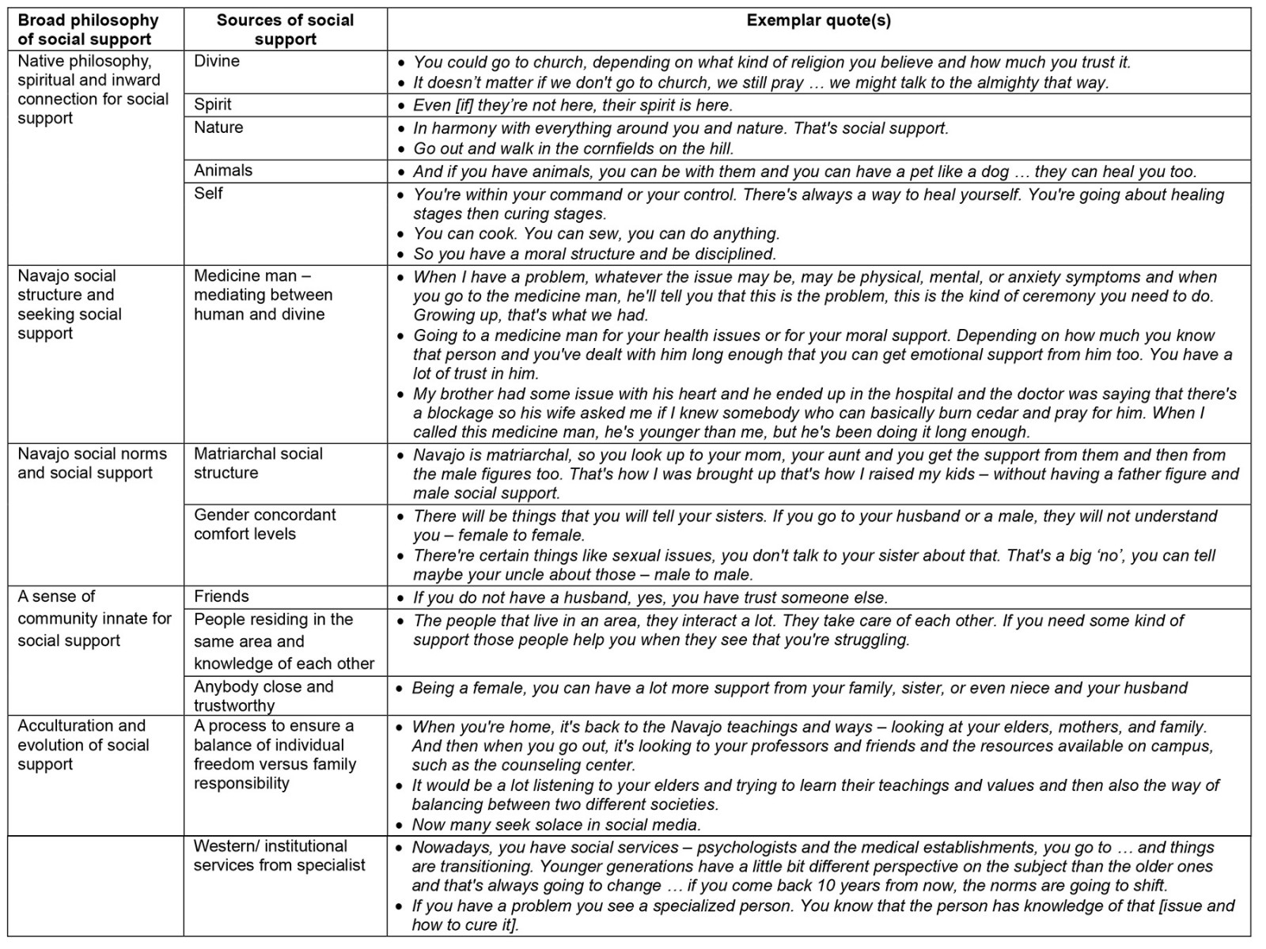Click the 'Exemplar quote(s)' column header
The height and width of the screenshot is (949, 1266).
click(818, 21)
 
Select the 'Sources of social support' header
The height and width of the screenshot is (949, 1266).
click(285, 30)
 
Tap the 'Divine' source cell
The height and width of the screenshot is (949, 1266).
click(217, 61)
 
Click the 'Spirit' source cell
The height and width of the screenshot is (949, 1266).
click(213, 104)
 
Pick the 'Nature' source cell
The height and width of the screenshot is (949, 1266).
click(218, 127)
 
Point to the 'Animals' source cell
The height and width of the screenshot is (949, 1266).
click(223, 170)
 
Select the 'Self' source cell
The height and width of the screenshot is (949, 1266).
click(208, 193)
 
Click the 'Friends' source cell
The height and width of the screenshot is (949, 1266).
click(222, 596)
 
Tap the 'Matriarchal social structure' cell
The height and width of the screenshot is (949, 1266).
click(258, 463)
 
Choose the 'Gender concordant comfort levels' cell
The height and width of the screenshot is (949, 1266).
click(264, 524)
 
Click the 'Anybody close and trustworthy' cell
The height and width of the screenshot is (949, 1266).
click(263, 696)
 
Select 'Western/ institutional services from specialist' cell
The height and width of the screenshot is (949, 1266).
click(279, 856)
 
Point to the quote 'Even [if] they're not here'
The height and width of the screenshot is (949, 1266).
click(573, 105)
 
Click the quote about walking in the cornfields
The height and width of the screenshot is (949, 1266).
click(573, 149)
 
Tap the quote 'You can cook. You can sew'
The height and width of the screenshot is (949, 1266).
click(596, 234)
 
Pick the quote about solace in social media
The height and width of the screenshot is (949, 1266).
click(556, 825)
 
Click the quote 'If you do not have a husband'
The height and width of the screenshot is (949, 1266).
click(650, 598)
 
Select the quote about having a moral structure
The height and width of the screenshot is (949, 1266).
click(593, 255)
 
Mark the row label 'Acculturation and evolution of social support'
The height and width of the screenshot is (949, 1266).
click(83, 745)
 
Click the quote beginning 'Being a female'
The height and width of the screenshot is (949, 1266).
click(799, 688)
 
